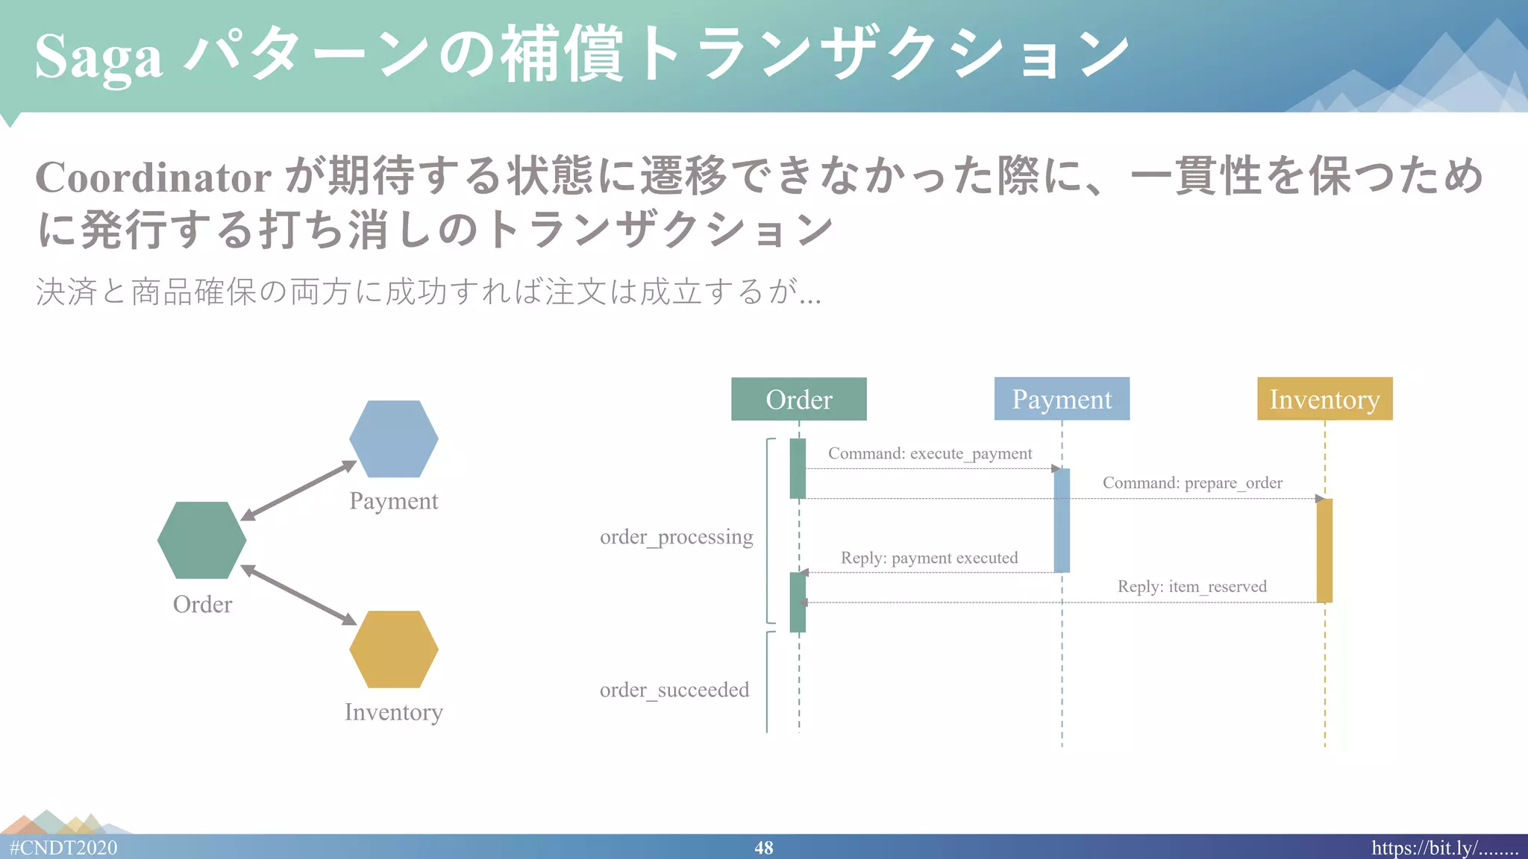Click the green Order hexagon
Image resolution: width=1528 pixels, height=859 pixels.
(201, 540)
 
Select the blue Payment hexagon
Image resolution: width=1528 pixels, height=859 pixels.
(393, 439)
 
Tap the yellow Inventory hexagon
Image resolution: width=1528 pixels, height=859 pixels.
(393, 649)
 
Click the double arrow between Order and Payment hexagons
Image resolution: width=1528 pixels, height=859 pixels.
(298, 490)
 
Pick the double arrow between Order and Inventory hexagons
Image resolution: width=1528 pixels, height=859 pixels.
(298, 594)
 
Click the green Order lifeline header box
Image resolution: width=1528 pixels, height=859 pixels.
(798, 399)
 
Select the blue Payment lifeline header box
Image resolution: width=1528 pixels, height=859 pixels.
(1062, 399)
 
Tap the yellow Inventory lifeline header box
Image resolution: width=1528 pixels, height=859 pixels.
(1324, 399)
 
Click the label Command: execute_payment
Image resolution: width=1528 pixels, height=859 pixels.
(930, 453)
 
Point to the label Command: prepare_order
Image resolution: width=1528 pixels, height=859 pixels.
(1192, 482)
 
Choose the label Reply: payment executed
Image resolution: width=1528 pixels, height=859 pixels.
(929, 558)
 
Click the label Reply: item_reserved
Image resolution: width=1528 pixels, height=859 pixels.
(1192, 587)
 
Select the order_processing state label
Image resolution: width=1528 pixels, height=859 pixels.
(676, 537)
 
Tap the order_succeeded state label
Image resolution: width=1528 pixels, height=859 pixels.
(674, 690)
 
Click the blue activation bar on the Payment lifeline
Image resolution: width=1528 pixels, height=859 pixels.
(1062, 520)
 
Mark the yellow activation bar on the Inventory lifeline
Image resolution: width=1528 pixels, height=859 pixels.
(1324, 550)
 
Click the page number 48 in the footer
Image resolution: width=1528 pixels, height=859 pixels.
(763, 848)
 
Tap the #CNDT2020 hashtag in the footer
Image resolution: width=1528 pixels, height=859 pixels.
(63, 848)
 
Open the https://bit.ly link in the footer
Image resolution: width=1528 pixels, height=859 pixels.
(1444, 848)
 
